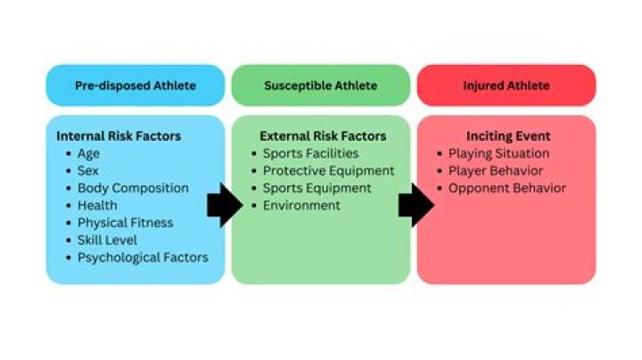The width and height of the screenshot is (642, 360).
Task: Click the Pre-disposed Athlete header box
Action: (136, 86)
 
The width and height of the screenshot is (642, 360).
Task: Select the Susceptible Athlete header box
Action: (321, 86)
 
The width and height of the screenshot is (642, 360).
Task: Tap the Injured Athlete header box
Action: (506, 86)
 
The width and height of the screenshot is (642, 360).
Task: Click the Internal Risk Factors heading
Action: (119, 136)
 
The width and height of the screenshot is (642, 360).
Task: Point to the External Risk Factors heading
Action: (323, 136)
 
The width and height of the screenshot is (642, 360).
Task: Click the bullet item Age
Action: (89, 153)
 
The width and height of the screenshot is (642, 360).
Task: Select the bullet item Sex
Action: (88, 170)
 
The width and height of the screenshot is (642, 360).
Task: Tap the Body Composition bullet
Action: (133, 188)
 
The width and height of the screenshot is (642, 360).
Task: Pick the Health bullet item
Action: (97, 205)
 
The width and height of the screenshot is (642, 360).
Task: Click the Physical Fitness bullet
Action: (125, 223)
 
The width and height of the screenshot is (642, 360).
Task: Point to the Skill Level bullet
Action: (108, 240)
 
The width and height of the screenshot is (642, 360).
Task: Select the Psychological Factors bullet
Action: (143, 258)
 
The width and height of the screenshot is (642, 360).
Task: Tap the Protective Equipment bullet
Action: (328, 170)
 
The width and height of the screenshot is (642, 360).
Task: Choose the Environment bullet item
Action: (301, 205)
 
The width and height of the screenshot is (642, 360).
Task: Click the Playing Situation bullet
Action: (499, 153)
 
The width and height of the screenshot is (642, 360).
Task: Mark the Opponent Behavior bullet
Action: (507, 188)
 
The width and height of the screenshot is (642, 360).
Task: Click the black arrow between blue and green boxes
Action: (225, 206)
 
